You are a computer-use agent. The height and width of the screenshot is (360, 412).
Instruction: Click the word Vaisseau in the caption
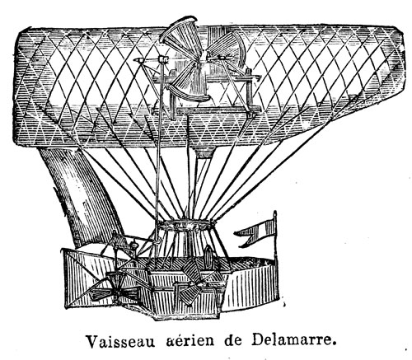[120, 341]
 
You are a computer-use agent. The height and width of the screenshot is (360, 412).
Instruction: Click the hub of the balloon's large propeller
[203, 58]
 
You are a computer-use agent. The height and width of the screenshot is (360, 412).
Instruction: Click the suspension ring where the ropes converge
[187, 225]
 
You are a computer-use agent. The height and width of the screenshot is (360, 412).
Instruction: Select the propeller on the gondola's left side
[114, 288]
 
